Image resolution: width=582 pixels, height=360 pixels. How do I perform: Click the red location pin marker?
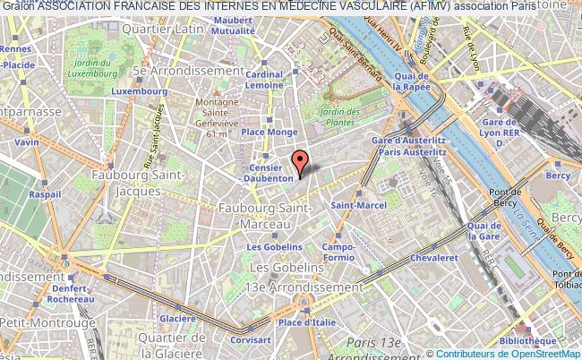tap(301, 161)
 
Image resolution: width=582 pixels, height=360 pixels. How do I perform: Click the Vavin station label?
tap(27, 142)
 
